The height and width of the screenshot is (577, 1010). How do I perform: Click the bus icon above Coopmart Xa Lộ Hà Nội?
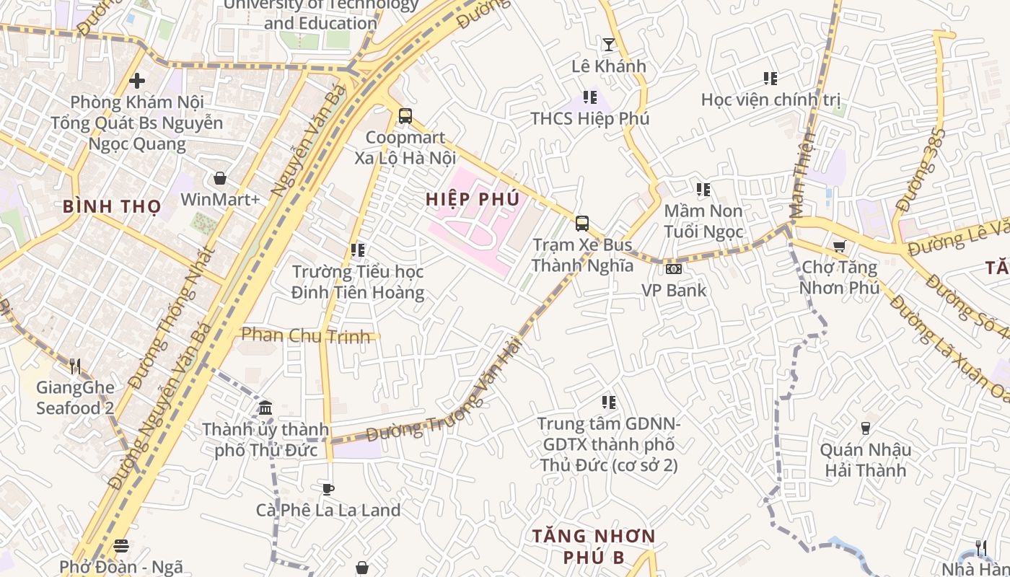pos(405,116)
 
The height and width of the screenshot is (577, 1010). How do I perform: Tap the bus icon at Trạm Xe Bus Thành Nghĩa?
pos(581,224)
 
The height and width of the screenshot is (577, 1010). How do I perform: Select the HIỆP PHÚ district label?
pos(473,199)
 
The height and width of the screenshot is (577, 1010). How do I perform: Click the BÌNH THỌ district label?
pos(112,206)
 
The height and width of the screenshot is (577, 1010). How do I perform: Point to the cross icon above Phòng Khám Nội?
pos(137,81)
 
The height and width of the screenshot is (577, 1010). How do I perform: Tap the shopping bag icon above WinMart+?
pos(220,178)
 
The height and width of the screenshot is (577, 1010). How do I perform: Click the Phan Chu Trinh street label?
pos(306,335)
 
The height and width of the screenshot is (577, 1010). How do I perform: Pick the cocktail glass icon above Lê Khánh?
pos(609,45)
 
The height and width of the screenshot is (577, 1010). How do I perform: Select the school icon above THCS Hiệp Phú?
pos(589,97)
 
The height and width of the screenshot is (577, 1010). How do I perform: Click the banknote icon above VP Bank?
pos(674,269)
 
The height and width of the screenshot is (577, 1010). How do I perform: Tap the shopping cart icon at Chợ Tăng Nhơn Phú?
pos(839,247)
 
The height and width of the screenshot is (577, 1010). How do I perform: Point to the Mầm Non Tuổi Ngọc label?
pos(703,221)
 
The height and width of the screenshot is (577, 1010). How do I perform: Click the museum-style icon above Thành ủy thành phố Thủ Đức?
pos(265,408)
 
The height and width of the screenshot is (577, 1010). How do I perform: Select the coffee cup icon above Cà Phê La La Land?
pos(328,489)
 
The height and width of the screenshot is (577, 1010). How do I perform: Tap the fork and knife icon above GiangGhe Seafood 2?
pos(74,366)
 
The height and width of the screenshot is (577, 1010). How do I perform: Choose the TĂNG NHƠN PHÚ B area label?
pos(593,547)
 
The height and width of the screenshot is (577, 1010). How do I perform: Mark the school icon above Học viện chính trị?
pos(770,78)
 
